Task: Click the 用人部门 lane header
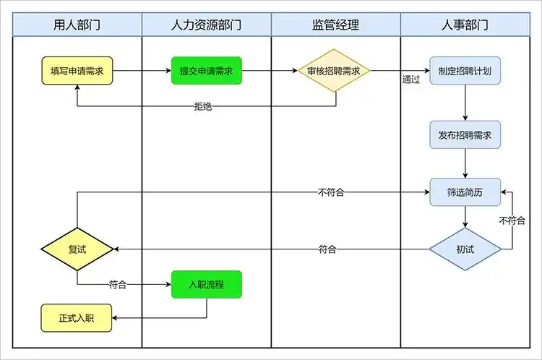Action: (x=77, y=25)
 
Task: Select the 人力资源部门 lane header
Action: (x=206, y=25)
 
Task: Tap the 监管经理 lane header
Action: (x=335, y=25)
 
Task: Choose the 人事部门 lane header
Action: (x=465, y=25)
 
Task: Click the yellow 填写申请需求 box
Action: (x=77, y=72)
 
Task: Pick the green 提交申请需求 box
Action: (x=206, y=71)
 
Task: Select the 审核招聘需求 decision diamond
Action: (x=334, y=71)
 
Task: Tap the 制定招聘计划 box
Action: (x=465, y=71)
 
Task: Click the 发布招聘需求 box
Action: (x=465, y=135)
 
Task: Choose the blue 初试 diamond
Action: (x=465, y=249)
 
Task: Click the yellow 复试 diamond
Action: (x=77, y=249)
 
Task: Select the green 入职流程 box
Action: (x=206, y=285)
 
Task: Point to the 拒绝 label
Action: (x=203, y=106)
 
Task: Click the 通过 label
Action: (x=411, y=80)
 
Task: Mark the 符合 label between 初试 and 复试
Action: (x=327, y=249)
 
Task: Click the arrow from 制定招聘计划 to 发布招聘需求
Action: (x=465, y=103)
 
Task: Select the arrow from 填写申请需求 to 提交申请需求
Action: (x=142, y=71)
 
